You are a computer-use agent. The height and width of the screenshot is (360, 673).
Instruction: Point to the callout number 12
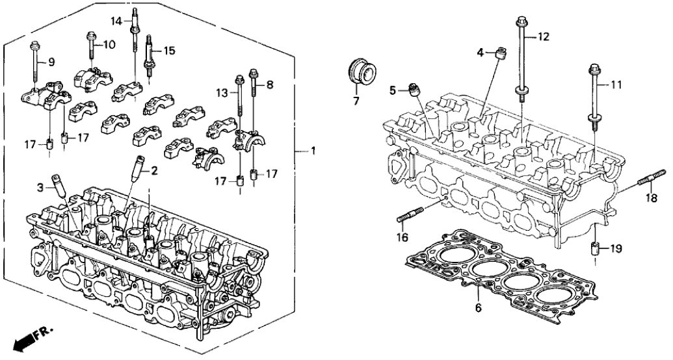pyautogui.click(x=544, y=38)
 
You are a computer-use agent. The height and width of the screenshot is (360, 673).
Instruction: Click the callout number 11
pyautogui.click(x=616, y=84)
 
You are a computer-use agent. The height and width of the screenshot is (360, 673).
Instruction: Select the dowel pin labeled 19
pyautogui.click(x=594, y=249)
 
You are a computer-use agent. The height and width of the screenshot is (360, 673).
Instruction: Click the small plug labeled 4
pyautogui.click(x=500, y=53)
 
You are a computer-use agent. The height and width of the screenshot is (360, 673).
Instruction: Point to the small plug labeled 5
pyautogui.click(x=414, y=88)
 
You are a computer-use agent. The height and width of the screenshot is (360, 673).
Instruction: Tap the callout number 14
pyautogui.click(x=116, y=21)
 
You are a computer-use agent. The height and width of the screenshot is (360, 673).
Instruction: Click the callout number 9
pyautogui.click(x=51, y=62)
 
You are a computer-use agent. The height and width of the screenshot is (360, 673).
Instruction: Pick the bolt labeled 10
pyautogui.click(x=88, y=45)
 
